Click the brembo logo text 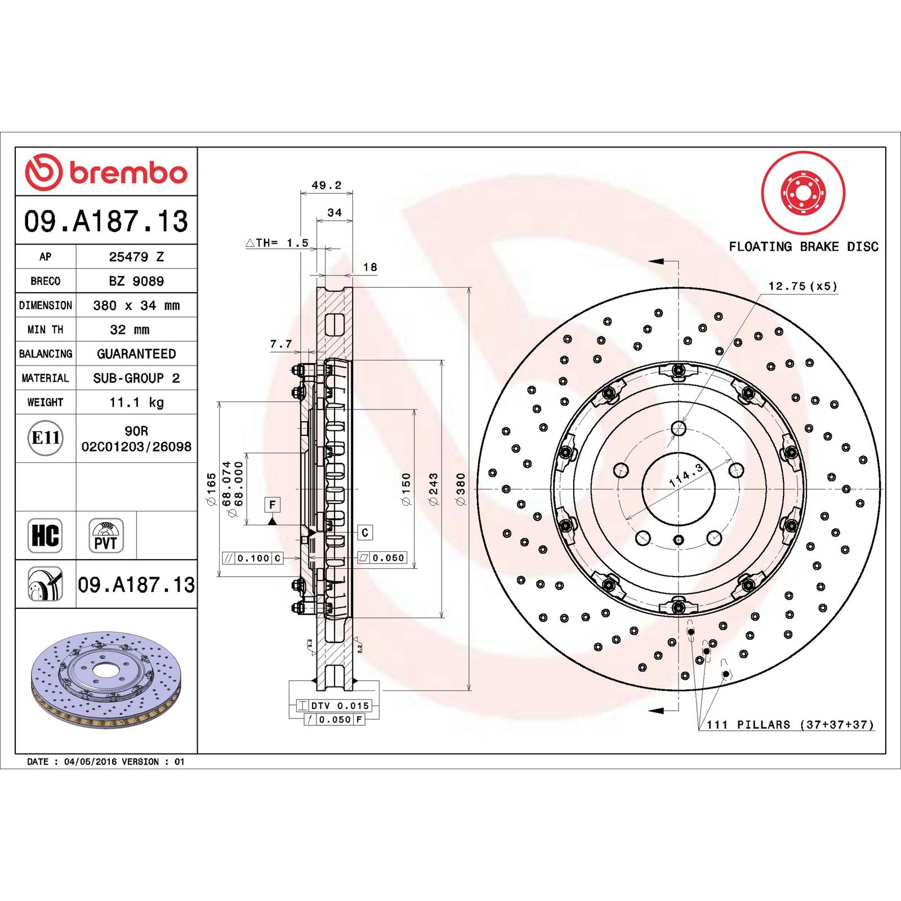(x=128, y=173)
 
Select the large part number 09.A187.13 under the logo (x=106, y=221)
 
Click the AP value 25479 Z (x=136, y=257)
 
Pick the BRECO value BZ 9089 (x=136, y=281)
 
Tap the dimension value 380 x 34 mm (x=136, y=305)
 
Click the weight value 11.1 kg (x=136, y=402)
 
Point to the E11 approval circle (x=45, y=438)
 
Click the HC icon (x=45, y=535)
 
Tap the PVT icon (x=106, y=536)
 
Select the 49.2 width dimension (x=327, y=185)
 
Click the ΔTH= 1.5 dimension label (x=277, y=243)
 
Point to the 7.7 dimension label (x=281, y=344)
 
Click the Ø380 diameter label (x=461, y=489)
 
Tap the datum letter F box (x=273, y=505)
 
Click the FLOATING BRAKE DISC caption (x=804, y=246)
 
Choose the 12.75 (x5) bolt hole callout (x=802, y=286)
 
